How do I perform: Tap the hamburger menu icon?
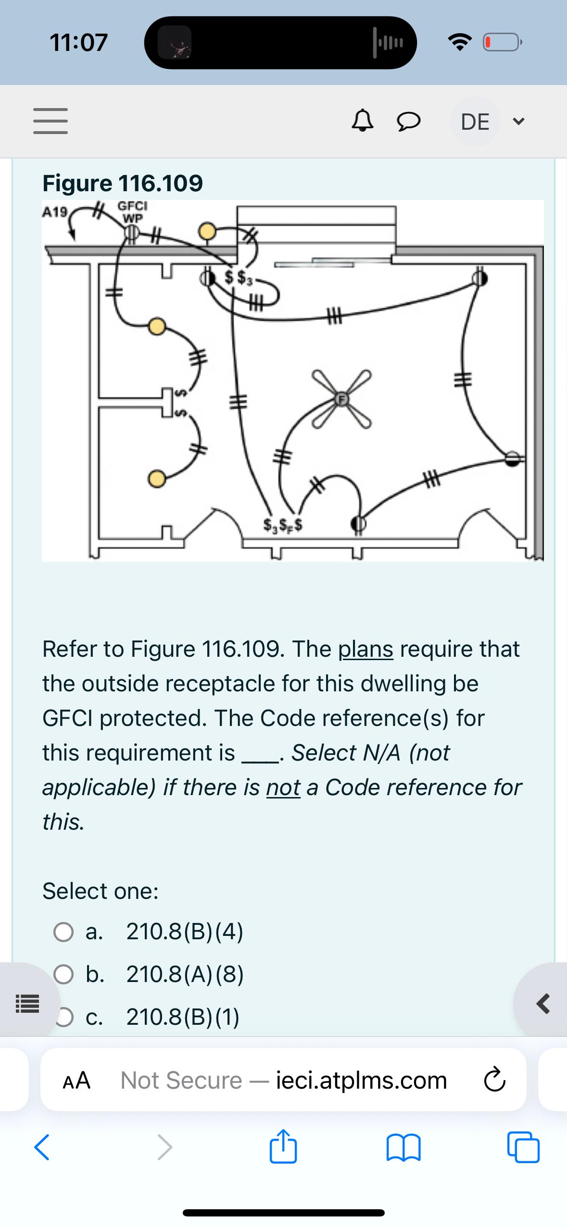point(50,121)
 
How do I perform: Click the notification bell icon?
point(363,122)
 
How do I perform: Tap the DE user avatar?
point(475,122)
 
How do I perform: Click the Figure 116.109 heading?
point(123,183)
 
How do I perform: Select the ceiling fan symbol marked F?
point(341,399)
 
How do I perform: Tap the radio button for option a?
point(63,933)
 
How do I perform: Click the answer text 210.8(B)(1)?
point(183,1017)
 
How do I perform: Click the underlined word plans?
point(365,650)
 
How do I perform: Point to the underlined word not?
point(283,788)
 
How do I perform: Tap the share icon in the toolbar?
point(283,1147)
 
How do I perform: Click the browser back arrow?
point(42,1147)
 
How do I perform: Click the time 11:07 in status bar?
point(79,42)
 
